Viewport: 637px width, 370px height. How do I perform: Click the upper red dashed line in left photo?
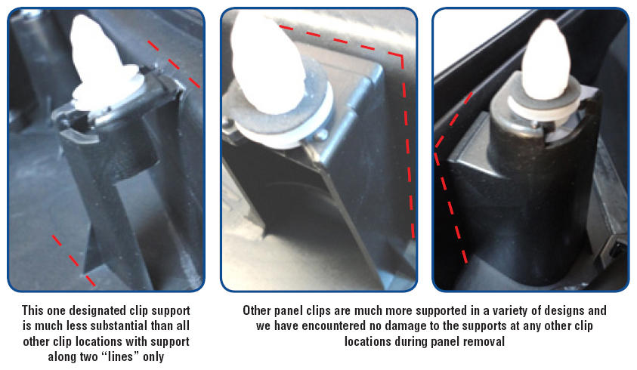coord(174,63)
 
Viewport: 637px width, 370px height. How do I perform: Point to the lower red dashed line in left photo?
coord(74,261)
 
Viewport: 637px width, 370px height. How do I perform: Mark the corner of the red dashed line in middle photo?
coord(402,56)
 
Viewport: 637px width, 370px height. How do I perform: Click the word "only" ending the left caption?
coord(153,357)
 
